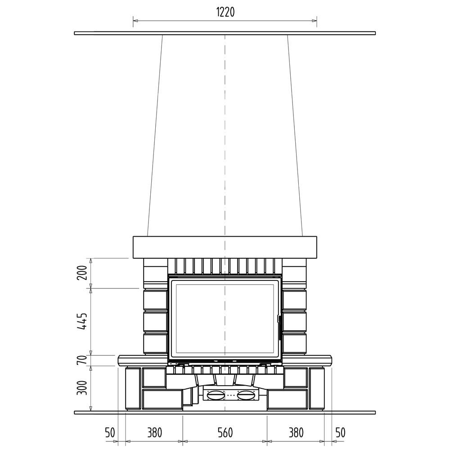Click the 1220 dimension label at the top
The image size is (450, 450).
click(x=225, y=12)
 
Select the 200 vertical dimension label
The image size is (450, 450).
click(x=83, y=273)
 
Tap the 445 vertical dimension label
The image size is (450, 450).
click(x=83, y=321)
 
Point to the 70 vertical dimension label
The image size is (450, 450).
click(x=83, y=360)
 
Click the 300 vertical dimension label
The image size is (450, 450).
click(x=83, y=388)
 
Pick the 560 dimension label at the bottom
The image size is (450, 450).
click(x=225, y=433)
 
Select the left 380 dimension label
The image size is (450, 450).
click(x=155, y=433)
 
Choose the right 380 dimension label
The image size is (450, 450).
click(x=296, y=433)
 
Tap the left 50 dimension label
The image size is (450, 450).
click(x=110, y=433)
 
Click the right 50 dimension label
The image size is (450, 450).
click(x=340, y=433)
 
